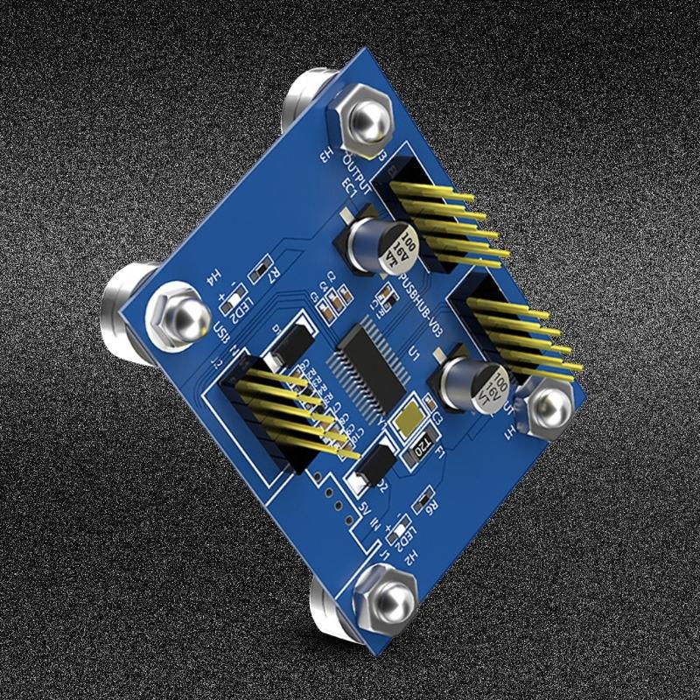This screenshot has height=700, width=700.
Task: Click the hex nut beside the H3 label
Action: tap(361, 120)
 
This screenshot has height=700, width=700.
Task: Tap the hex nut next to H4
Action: tap(174, 311)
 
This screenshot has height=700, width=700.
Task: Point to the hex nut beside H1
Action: tap(548, 407)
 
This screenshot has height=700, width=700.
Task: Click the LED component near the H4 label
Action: tap(234, 302)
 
